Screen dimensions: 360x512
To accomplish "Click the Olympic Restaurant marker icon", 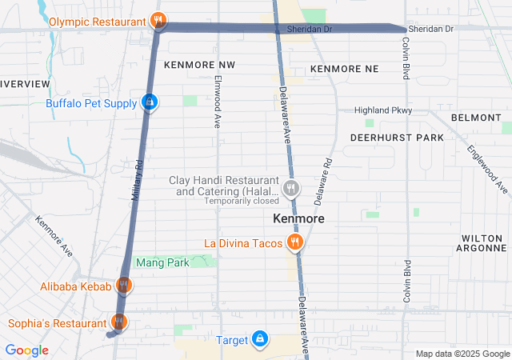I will pos(158,21).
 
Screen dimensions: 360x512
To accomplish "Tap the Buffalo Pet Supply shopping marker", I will pos(149,102).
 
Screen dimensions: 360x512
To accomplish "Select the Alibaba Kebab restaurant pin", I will pos(123,285).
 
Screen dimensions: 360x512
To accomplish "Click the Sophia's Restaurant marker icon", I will pos(118,322).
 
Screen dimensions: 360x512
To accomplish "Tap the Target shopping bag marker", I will pos(259,340).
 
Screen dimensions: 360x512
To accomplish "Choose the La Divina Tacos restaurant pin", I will pos(295,242).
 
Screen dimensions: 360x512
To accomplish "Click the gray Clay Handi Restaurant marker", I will pos(290,190).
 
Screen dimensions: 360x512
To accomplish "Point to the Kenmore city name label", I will pos(298,218).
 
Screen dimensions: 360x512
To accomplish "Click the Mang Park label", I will pos(162,262).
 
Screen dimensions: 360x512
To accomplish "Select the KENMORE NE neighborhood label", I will pos(344,70).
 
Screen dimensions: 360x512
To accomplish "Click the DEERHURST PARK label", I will pos(397,138).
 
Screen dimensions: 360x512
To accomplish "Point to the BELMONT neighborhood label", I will pos(475,118).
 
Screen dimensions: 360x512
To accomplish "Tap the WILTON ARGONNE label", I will pos(483,243).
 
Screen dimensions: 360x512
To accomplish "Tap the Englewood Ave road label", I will pos(488,168).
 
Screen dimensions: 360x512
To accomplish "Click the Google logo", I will pos(26,350).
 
